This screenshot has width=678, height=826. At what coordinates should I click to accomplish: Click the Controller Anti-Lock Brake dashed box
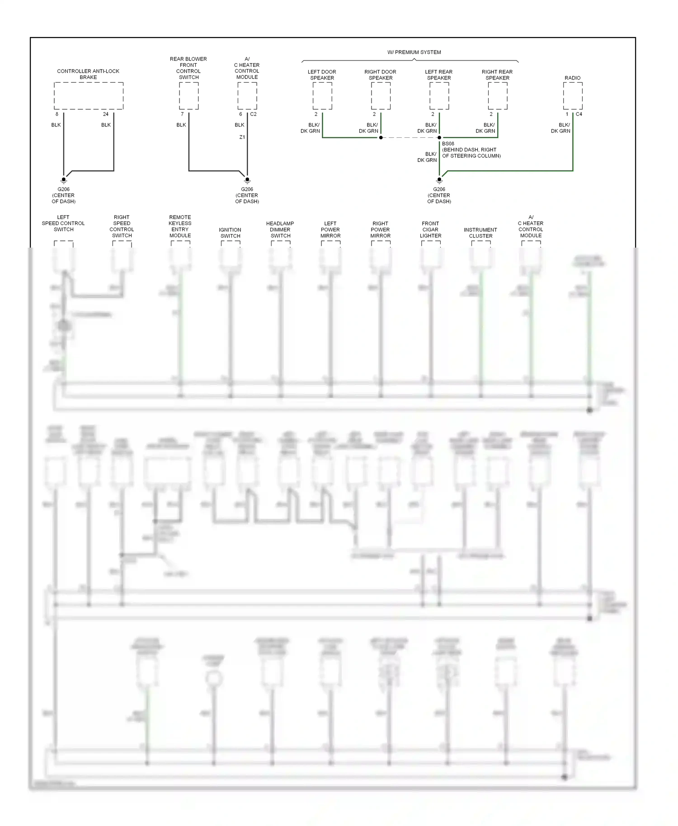[x=89, y=96]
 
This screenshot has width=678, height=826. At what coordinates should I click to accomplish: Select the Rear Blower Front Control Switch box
[x=188, y=96]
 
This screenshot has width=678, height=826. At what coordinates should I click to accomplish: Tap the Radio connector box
[x=573, y=96]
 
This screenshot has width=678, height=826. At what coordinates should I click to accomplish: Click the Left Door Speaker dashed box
[x=322, y=96]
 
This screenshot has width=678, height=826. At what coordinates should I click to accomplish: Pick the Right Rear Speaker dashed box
[x=498, y=96]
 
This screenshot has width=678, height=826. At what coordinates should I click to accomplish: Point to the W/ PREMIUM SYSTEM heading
[x=414, y=52]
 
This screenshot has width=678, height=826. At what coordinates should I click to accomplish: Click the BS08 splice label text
[x=448, y=144]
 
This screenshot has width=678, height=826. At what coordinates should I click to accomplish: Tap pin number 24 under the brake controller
[x=106, y=114]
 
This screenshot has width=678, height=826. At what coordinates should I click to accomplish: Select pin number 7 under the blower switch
[x=182, y=114]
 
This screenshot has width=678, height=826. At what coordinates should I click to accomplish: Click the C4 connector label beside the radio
[x=579, y=114]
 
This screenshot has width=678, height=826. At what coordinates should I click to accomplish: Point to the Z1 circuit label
[x=242, y=137]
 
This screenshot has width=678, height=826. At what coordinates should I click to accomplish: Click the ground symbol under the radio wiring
[x=439, y=180]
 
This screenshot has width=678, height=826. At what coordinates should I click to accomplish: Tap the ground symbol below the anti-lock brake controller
[x=64, y=180]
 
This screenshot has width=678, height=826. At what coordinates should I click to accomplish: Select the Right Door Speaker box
[x=381, y=96]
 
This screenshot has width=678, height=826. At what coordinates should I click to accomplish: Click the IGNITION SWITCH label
[x=230, y=233]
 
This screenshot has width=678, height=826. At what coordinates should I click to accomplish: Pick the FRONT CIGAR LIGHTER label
[x=430, y=230]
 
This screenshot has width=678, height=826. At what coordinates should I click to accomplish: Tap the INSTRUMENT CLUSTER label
[x=480, y=233]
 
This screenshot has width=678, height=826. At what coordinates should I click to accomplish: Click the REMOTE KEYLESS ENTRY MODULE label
[x=180, y=226]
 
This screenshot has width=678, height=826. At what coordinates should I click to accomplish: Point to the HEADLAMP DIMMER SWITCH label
[x=280, y=230]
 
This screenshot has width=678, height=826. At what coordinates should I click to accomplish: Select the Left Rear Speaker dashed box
[x=439, y=96]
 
